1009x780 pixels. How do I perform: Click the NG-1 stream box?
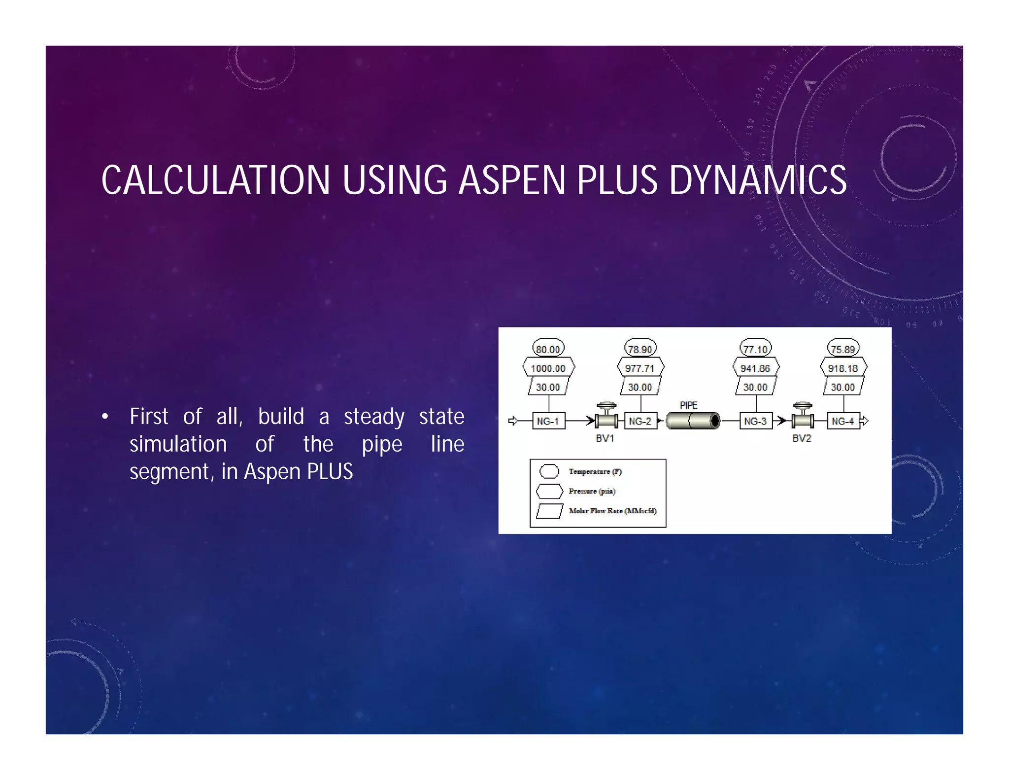(x=548, y=421)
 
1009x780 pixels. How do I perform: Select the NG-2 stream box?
(x=640, y=421)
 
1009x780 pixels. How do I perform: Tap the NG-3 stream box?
(x=755, y=421)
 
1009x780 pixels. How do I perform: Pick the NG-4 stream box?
(x=843, y=421)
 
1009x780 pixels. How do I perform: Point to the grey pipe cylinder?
(x=693, y=421)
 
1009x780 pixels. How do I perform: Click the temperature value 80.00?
(x=548, y=349)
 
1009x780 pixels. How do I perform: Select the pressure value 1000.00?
(x=548, y=368)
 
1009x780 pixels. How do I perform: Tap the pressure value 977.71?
(x=640, y=368)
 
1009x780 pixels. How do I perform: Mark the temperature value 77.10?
(x=755, y=349)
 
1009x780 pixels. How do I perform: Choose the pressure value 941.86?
(x=755, y=368)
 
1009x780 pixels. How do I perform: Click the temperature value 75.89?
(x=843, y=349)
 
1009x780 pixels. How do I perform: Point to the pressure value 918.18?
(x=843, y=368)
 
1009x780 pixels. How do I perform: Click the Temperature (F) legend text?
(x=595, y=471)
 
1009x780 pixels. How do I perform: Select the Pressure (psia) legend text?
(x=592, y=491)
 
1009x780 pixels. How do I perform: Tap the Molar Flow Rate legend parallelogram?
(x=549, y=511)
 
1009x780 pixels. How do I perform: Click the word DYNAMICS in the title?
(x=757, y=180)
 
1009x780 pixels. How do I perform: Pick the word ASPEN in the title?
(x=512, y=180)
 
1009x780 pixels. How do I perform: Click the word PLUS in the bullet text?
(x=330, y=472)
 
